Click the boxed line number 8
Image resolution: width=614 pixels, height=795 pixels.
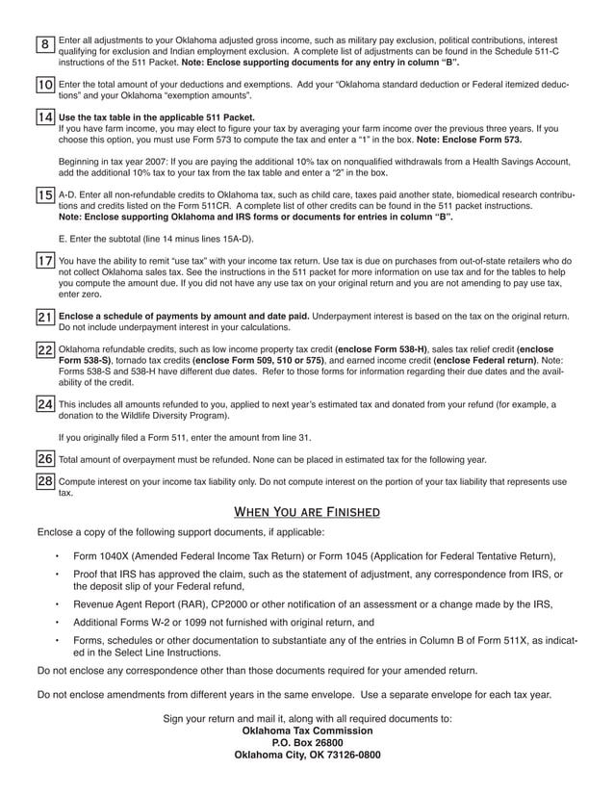[x=45, y=45]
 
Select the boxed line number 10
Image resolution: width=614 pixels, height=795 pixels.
[x=45, y=86]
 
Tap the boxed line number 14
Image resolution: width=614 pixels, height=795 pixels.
[x=45, y=117]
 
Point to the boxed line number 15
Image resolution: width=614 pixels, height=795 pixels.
[x=45, y=196]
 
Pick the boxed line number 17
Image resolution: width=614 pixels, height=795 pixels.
[x=45, y=261]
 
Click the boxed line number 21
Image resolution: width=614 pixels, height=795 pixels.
[x=45, y=317]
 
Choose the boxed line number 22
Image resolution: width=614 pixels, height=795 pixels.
[x=45, y=350]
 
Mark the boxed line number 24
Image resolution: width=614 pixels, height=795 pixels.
[x=45, y=405]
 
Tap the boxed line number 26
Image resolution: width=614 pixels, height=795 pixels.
[x=45, y=458]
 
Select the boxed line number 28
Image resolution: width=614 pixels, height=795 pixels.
[x=45, y=480]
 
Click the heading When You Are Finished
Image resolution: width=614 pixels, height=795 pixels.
[x=307, y=511]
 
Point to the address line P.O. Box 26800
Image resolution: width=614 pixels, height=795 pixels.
[x=307, y=743]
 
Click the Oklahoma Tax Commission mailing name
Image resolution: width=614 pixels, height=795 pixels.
[x=307, y=731]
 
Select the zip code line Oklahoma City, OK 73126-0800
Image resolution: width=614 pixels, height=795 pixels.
[x=307, y=756]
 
